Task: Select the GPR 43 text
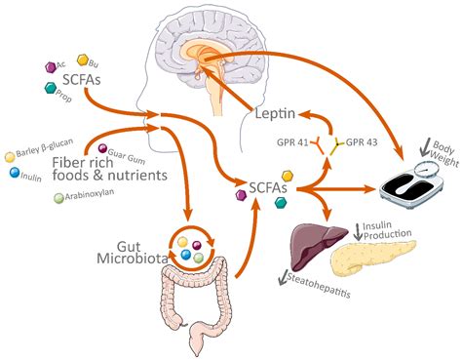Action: click(366, 140)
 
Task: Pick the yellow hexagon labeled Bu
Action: click(82, 60)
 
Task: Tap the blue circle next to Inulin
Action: click(14, 173)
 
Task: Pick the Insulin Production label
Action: click(387, 232)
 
